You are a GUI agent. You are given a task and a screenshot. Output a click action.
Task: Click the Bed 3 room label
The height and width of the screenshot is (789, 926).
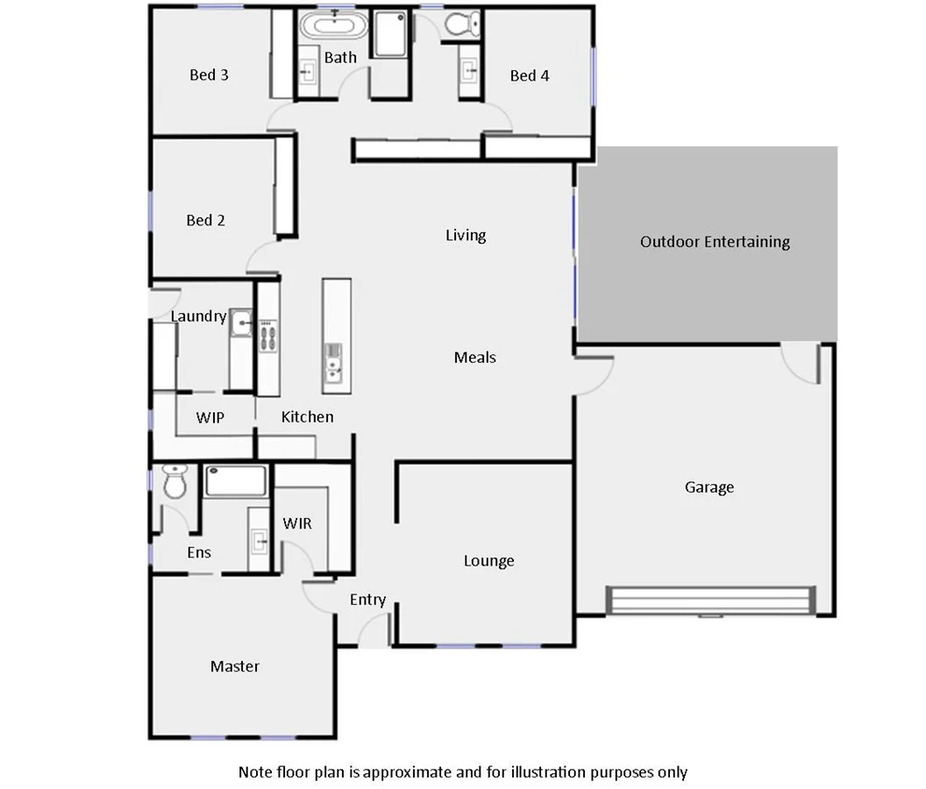coord(209,75)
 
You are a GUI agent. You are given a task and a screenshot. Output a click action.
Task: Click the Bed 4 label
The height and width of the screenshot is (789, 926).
coord(530,75)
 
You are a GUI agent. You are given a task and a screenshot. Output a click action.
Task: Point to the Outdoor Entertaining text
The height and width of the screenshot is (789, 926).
coord(715,241)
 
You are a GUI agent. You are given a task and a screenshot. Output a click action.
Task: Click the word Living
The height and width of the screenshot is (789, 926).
coord(465,235)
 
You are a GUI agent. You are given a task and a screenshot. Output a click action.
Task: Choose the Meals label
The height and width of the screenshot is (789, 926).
coord(474,357)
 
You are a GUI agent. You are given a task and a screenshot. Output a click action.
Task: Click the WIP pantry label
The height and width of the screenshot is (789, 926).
coord(210,417)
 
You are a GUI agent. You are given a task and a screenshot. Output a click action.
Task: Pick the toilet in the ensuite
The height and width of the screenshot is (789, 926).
coord(175,481)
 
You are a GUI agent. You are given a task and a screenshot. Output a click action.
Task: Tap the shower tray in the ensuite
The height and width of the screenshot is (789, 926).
coord(235,481)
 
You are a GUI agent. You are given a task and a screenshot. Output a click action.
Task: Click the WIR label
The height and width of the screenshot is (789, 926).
coord(296,523)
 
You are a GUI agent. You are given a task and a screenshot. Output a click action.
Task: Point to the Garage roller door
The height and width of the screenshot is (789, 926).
coord(708,601)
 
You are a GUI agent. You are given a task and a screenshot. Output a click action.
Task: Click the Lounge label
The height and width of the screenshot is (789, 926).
coord(488,560)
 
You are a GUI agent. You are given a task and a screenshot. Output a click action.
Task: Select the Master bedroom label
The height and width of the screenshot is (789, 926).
coord(235,666)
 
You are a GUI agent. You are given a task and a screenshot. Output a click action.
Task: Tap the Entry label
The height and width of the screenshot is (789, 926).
coord(367,600)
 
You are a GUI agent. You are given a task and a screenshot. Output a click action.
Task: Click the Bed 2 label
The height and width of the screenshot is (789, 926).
coord(205,220)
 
